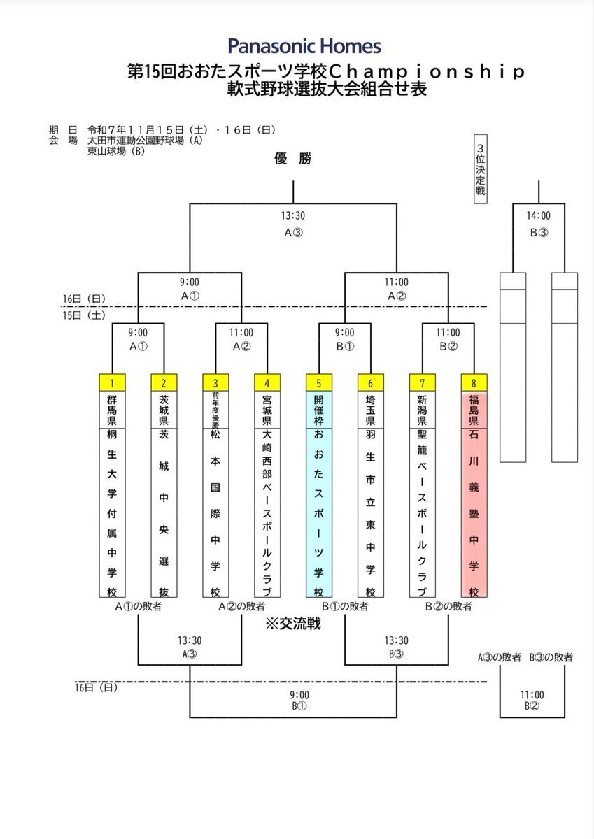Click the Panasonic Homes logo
click(x=304, y=47)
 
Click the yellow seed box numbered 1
click(x=112, y=382)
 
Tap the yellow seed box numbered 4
click(x=267, y=382)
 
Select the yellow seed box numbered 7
click(x=422, y=382)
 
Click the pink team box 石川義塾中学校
click(x=474, y=514)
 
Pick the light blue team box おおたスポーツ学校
click(x=318, y=514)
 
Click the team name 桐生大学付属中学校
click(x=112, y=514)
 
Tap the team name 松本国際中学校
click(x=215, y=514)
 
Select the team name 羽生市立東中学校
click(x=370, y=514)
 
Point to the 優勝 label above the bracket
click(x=292, y=159)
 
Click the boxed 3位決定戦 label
click(x=480, y=168)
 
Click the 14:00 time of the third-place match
click(x=538, y=217)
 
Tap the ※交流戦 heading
click(x=292, y=624)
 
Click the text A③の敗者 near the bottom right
click(x=500, y=657)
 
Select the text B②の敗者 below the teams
click(x=448, y=607)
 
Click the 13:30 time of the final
click(x=292, y=217)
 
